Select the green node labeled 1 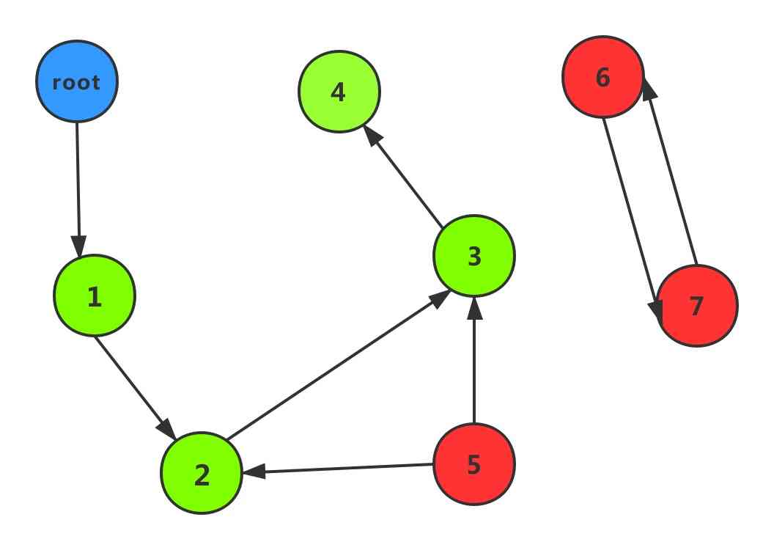pos(95,296)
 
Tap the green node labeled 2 pos(202,474)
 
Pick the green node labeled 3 pos(474,256)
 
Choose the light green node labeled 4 pos(339,92)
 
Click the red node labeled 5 pos(474,464)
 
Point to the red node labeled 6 pos(603,77)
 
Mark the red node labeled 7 pos(696,306)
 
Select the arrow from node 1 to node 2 pos(132,383)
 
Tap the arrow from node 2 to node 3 pos(337,367)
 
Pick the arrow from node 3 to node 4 pos(403,176)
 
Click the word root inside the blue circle pos(77,83)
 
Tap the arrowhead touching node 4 pos(371,133)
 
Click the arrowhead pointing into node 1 pos(78,246)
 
